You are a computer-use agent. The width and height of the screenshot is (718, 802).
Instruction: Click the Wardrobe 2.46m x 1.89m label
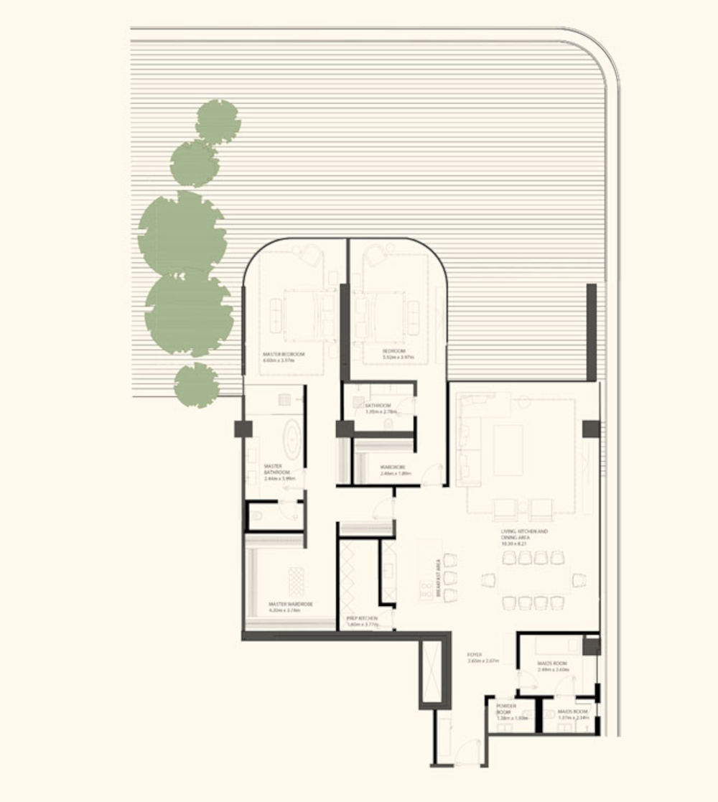(395, 470)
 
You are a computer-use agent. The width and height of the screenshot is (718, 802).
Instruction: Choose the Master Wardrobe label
(291, 607)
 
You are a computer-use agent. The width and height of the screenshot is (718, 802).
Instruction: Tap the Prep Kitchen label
(362, 621)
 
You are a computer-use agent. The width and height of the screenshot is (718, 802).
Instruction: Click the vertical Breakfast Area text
(438, 579)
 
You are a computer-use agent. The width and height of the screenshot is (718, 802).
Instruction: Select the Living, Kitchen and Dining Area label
(524, 537)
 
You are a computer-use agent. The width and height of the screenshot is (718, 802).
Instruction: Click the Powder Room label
(507, 711)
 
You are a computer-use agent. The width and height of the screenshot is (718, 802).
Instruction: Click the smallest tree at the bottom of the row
(195, 386)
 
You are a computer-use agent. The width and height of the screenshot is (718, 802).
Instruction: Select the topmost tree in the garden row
(218, 121)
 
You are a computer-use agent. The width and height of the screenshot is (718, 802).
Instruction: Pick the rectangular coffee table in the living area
(508, 450)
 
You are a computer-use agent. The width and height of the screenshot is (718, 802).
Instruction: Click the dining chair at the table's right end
(579, 580)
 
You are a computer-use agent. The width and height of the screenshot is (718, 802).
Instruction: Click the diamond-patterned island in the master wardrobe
(295, 581)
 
